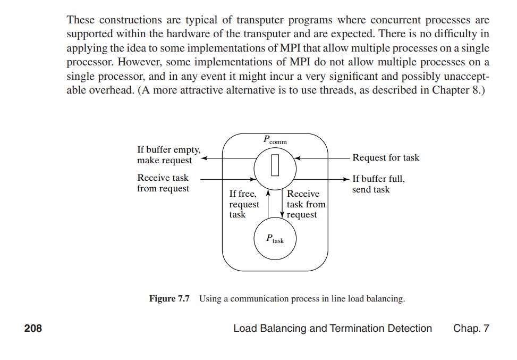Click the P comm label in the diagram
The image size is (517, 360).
point(274,140)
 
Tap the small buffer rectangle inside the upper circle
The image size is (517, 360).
point(274,164)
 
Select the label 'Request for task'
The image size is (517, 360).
point(385,157)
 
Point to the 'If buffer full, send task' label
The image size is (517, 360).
point(378,184)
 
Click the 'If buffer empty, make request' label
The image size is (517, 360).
point(168,155)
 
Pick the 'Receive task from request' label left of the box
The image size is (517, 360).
point(163,183)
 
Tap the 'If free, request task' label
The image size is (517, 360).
point(244,204)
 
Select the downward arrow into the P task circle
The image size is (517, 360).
point(282,204)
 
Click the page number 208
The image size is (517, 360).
point(33,328)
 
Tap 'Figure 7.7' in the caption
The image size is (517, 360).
point(169,298)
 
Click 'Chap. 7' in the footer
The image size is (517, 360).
point(471,328)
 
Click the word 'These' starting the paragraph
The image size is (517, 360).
point(81,20)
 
